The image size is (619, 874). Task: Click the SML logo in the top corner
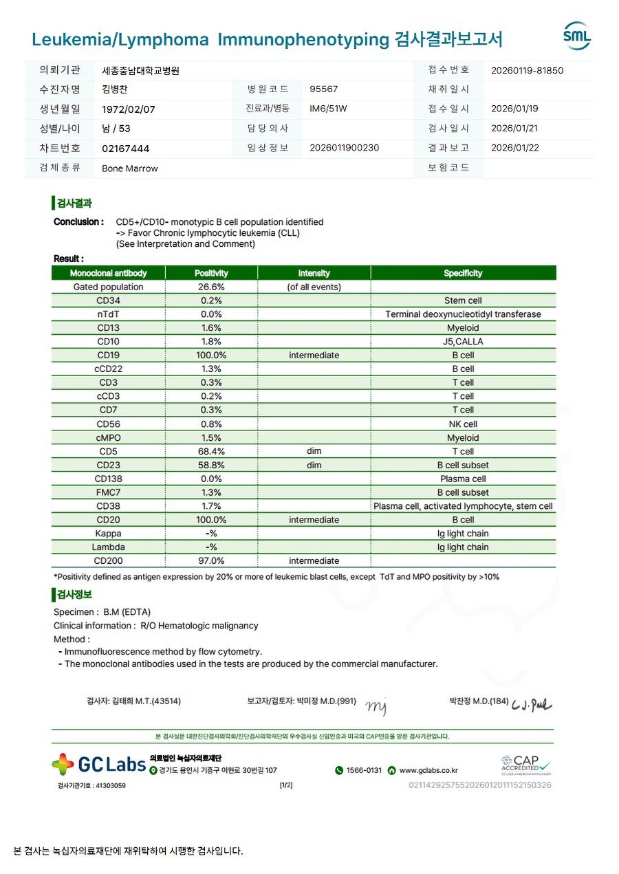(x=576, y=36)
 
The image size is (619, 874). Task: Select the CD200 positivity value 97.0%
(x=212, y=561)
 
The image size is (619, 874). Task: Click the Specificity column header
(x=463, y=273)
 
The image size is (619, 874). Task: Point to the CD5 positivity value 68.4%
(x=212, y=452)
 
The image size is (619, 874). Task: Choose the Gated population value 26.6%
(x=211, y=287)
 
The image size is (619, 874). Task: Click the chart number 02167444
(x=125, y=149)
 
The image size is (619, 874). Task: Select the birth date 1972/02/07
(x=128, y=109)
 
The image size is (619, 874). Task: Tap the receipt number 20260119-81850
(x=527, y=70)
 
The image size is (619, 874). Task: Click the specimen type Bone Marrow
(x=129, y=168)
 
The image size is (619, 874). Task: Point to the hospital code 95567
(x=323, y=89)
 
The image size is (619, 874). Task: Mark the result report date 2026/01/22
(x=514, y=148)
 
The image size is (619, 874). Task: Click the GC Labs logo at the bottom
(x=99, y=764)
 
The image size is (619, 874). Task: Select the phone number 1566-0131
(x=358, y=771)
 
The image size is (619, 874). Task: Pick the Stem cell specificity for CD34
(x=463, y=301)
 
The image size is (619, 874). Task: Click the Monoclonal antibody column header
(x=108, y=273)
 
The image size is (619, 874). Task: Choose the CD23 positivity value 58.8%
(x=212, y=466)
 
